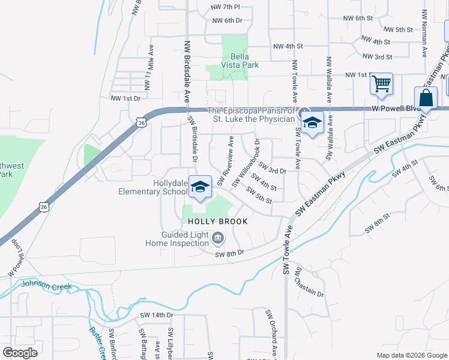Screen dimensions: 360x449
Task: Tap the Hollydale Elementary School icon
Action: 200,187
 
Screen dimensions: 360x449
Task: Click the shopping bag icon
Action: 426,98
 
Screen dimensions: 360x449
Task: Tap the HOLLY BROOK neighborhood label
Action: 218,221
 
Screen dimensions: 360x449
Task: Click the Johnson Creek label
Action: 46,286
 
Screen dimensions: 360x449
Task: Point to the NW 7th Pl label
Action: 226,7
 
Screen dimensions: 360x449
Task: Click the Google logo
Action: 20,353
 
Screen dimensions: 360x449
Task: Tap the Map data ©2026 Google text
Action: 412,355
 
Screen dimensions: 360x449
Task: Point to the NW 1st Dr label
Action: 125,98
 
